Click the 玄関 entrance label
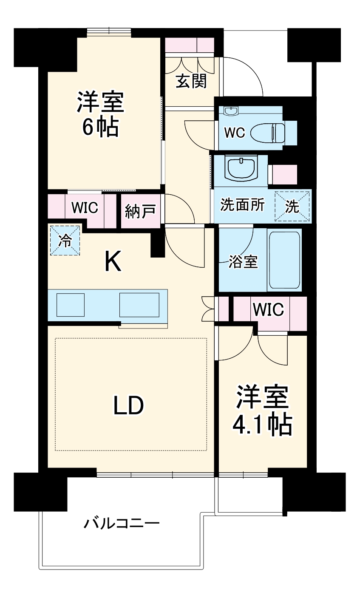[191, 81]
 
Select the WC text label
[234, 133]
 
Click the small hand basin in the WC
[231, 111]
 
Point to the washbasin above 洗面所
[241, 169]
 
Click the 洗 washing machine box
[292, 206]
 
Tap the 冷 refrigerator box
[65, 241]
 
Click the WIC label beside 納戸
[85, 208]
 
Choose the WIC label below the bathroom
[268, 310]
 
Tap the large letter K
[113, 261]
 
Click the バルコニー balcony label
[121, 522]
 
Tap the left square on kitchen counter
[71, 304]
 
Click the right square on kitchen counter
[139, 304]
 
